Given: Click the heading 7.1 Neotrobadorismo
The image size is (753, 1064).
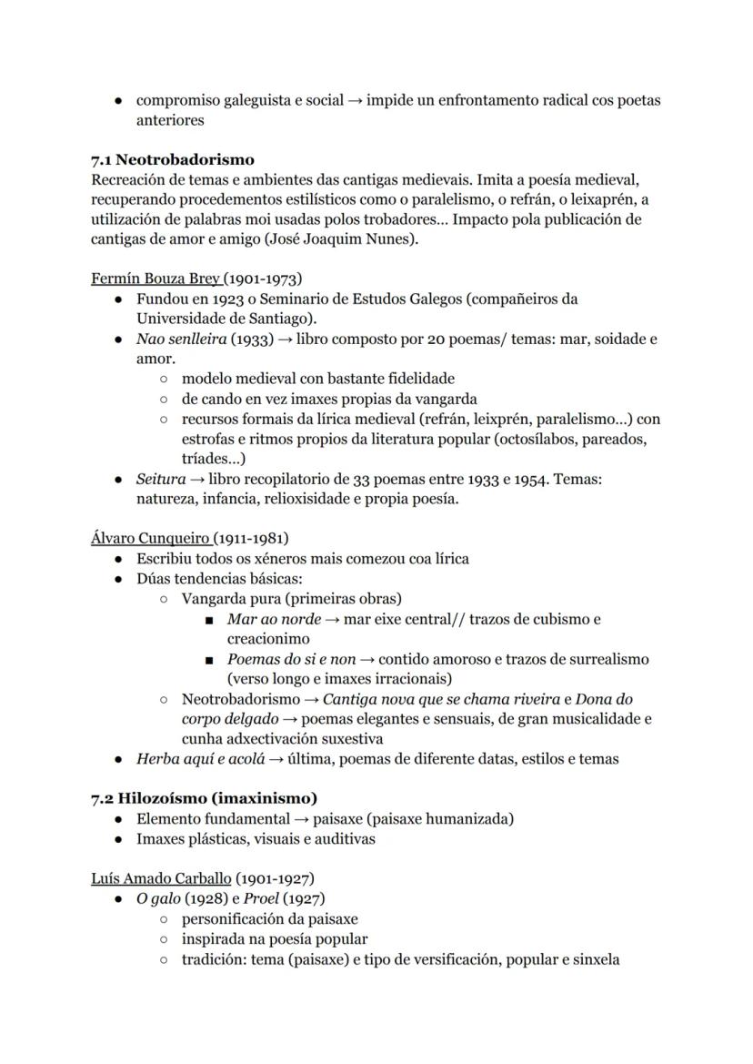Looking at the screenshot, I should coord(172,159).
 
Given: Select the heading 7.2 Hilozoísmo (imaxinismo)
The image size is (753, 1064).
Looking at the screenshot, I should coord(204,798).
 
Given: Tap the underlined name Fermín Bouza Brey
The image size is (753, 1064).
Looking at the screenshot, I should coord(156,279).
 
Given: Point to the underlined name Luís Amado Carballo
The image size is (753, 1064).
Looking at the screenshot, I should coord(161,878).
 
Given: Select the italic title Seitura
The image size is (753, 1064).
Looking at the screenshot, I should coord(161,479).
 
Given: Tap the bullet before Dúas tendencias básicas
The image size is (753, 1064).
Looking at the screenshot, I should coord(119,579).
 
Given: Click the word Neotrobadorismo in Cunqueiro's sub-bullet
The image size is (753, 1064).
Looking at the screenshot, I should coord(240,699).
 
